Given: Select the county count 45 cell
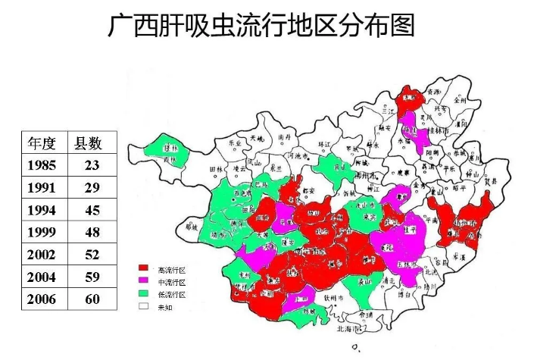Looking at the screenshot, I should coord(92,210).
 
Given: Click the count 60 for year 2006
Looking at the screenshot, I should coord(92,299).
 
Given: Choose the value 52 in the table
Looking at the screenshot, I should coord(92,255).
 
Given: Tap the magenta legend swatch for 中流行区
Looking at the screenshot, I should coord(142,282).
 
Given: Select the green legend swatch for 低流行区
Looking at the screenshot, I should coord(142,295).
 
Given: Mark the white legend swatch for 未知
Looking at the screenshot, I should coord(142,307).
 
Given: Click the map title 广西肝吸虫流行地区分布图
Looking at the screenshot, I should coord(261,27).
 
